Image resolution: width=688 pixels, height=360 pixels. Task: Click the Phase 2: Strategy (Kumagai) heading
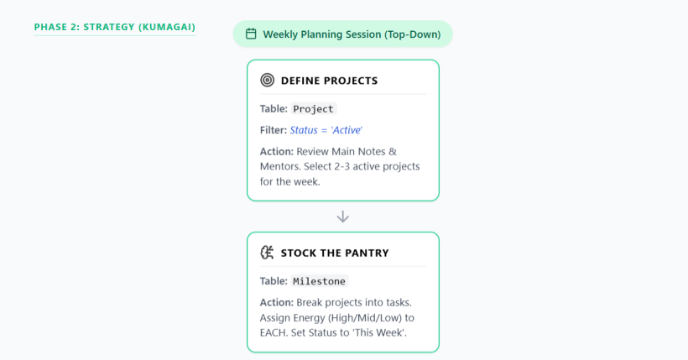[114, 27]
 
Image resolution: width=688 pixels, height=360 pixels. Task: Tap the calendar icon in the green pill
[251, 34]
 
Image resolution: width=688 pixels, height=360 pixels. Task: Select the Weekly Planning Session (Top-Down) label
[352, 34]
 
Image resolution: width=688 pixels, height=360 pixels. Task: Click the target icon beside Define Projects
[267, 81]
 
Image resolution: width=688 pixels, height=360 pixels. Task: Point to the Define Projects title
[329, 81]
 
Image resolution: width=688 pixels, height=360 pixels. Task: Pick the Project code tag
[313, 109]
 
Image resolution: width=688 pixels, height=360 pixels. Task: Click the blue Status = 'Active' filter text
[326, 130]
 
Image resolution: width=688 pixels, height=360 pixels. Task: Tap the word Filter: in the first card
[274, 130]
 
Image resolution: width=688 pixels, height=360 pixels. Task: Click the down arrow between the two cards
[342, 217]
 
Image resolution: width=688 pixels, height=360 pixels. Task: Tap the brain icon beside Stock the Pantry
[267, 253]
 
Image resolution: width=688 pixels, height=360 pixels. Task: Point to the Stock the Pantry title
[335, 253]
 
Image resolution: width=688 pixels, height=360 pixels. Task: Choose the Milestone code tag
[320, 281]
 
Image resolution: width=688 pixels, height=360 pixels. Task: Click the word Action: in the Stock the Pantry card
[276, 302]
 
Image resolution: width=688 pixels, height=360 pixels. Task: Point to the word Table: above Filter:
[274, 108]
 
